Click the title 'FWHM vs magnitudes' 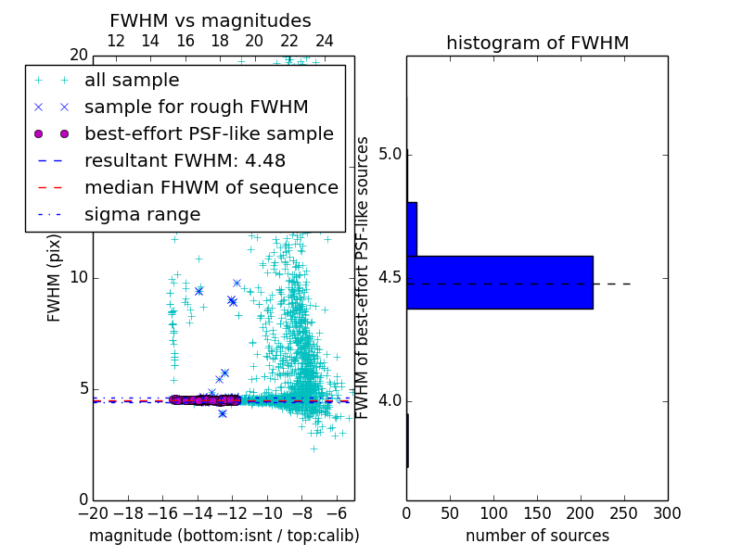210,21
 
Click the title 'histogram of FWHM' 537,44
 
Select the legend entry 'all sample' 132,81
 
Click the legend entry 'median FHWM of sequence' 211,188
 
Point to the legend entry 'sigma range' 142,215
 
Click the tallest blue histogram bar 499,282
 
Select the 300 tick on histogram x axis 667,513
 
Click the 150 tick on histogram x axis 537,513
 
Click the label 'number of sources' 537,536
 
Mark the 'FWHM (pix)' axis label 55,277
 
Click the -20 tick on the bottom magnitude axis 93,513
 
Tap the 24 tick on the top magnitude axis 325,41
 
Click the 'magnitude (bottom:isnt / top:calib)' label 224,536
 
